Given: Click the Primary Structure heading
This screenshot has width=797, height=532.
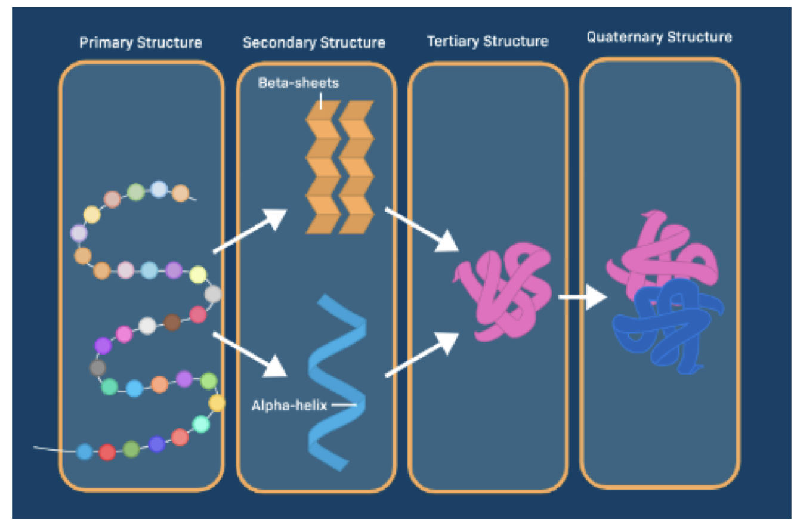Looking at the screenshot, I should pos(141,42).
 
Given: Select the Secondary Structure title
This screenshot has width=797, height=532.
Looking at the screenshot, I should pos(314,42).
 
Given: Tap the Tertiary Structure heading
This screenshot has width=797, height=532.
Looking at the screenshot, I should pos(487,41).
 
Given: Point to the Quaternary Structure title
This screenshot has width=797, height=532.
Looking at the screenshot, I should pos(659,37).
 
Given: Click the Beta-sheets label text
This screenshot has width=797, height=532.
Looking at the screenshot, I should pos(298,83).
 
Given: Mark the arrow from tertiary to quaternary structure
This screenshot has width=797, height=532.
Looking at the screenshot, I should pos(582,296).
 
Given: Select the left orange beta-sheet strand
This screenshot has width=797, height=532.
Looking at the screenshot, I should pos(323,167).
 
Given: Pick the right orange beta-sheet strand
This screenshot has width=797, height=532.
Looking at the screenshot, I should pos(356,167).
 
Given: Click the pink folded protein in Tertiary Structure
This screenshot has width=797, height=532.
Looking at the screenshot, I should pos(502,292).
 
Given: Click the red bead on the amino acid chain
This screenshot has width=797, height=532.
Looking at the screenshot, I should pos(107,452).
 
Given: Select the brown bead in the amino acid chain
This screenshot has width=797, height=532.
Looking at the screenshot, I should pos(172,323).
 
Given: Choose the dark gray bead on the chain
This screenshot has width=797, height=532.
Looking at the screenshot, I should pos(98,367).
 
